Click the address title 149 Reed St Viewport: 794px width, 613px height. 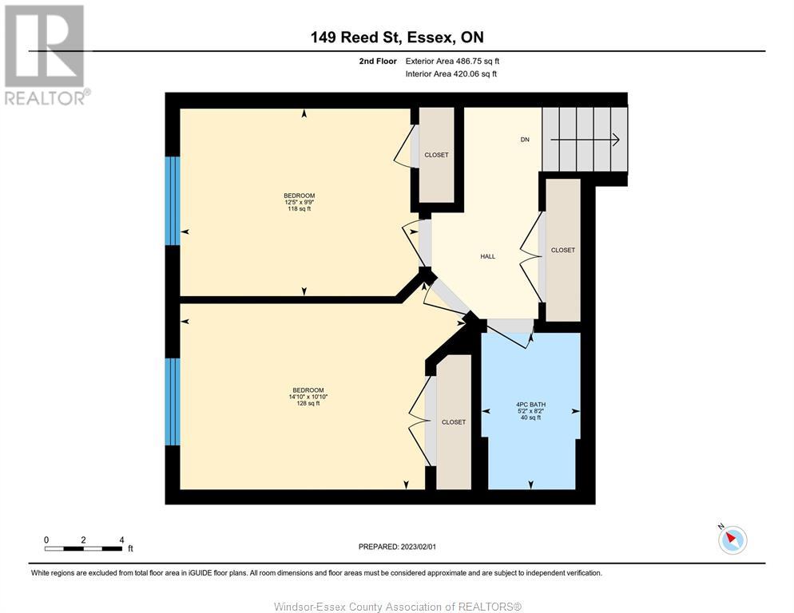355,37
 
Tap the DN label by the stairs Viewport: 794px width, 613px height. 525,139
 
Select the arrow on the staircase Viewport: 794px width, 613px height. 585,139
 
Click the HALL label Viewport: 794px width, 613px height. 487,257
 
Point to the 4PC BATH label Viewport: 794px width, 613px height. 530,405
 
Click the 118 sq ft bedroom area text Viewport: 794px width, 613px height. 300,208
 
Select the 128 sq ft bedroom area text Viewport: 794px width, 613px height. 308,403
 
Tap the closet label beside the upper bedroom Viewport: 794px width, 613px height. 436,155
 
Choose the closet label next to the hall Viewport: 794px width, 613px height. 562,250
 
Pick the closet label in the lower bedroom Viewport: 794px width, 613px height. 453,422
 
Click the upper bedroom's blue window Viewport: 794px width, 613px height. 173,201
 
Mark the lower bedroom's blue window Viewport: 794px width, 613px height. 173,402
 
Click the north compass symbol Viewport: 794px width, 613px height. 732,539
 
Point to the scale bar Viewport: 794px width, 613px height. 84,548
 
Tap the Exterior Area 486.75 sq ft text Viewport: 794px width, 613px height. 452,61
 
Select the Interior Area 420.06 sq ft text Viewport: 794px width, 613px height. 451,74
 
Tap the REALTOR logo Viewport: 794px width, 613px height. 46,54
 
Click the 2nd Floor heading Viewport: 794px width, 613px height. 378,61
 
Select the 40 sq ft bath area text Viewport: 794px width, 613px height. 530,417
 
